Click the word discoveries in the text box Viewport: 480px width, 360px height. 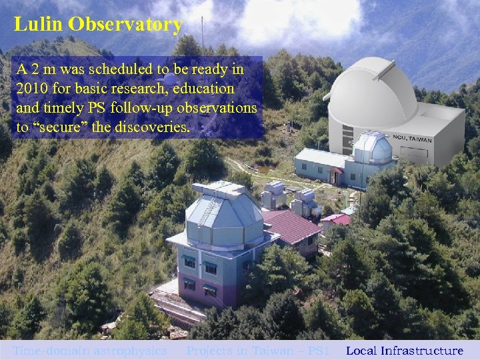[155, 127]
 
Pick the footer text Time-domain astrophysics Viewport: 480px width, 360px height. [90, 351]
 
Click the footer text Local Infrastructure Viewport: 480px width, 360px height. [404, 351]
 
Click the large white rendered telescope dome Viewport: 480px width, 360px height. [374, 93]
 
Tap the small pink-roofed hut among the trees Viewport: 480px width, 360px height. [335, 220]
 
